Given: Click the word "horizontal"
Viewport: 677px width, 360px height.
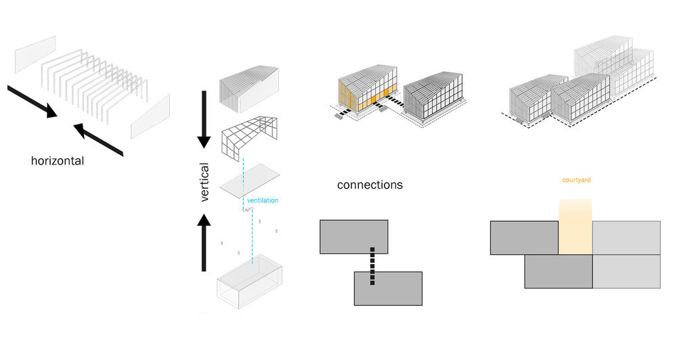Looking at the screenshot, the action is pos(58,161).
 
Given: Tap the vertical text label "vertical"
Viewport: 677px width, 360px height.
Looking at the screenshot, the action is pos(204,182).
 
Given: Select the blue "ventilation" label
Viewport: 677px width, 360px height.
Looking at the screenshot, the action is pos(263,200).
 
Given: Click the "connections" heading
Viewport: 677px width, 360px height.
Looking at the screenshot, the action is pos(370,185).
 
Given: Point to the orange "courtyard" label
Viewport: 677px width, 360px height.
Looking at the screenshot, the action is pos(576,180).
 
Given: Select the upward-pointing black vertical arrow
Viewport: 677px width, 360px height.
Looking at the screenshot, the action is pos(204,243).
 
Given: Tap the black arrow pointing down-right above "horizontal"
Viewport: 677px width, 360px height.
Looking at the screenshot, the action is pos(32,102).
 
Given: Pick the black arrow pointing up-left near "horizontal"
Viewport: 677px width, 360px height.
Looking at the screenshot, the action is pos(98,139).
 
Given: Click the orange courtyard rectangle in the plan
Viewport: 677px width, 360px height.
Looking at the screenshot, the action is pos(575,227).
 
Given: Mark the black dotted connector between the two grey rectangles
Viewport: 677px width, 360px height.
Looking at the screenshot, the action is pos(372,266).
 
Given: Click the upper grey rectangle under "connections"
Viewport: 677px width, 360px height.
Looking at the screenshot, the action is pos(353,237).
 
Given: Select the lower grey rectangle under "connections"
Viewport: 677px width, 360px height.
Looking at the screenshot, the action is pos(388,288).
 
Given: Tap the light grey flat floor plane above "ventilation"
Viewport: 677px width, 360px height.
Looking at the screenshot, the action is pos(250,181).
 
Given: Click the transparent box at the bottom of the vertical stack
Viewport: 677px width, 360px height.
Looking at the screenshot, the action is pos(250,282).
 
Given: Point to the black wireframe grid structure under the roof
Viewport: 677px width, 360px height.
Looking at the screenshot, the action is pos(249,138).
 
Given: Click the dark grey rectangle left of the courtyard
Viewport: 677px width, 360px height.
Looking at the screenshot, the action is pos(524,238).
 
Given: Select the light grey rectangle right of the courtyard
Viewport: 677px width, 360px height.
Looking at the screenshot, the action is pos(626,238).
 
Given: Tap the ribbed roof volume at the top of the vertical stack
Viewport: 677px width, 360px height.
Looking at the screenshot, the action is pos(249,89).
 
